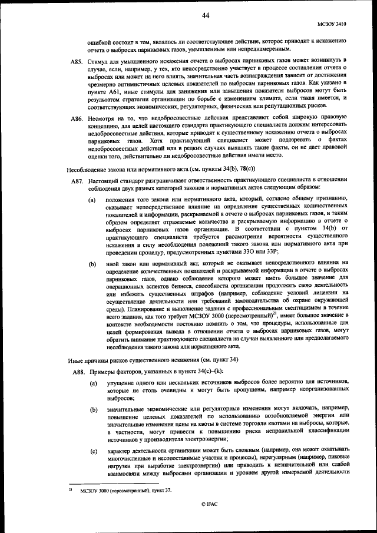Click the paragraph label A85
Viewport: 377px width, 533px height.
point(77,61)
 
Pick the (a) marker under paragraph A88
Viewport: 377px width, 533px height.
point(93,383)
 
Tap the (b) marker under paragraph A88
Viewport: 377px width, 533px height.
point(93,408)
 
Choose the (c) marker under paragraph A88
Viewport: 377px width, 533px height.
point(93,451)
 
